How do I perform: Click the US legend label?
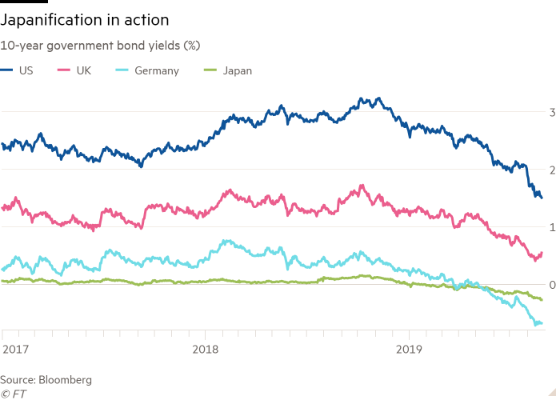pyautogui.click(x=26, y=70)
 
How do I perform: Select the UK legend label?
pyautogui.click(x=83, y=70)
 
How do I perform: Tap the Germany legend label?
pyautogui.click(x=156, y=70)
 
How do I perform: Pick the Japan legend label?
pyautogui.click(x=238, y=70)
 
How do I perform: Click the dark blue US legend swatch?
pyautogui.click(x=8, y=70)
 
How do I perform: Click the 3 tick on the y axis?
pyautogui.click(x=552, y=113)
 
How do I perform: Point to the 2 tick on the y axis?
pyautogui.click(x=552, y=170)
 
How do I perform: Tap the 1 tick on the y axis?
pyautogui.click(x=552, y=228)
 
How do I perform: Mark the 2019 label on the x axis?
pyautogui.click(x=410, y=350)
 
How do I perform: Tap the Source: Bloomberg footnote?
pyautogui.click(x=46, y=379)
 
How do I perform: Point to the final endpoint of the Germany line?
pyautogui.click(x=542, y=323)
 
